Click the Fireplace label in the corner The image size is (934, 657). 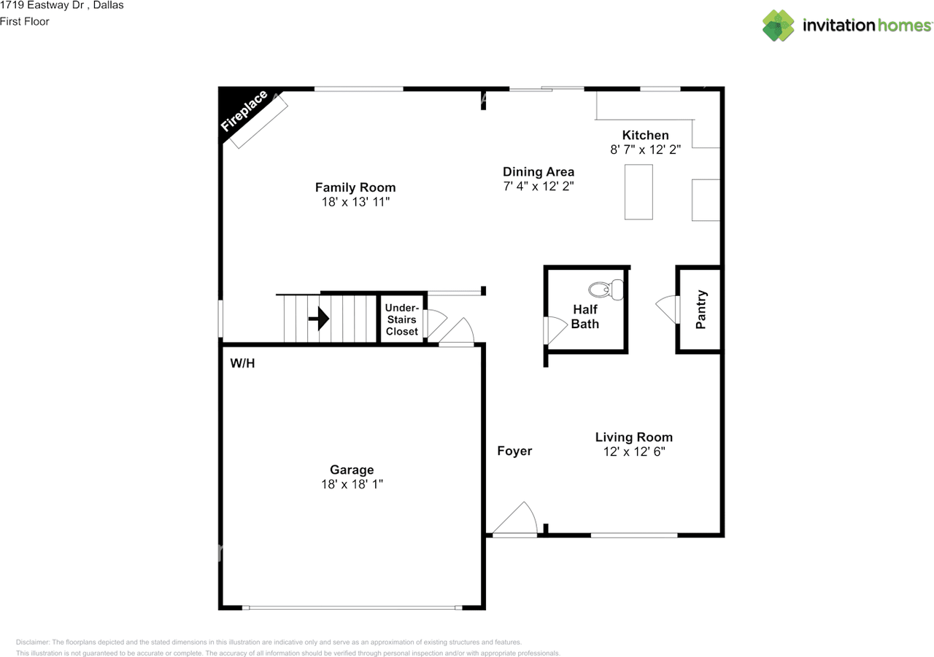[x=244, y=110]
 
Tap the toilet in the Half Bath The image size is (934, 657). [x=606, y=289]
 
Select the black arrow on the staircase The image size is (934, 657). [x=319, y=319]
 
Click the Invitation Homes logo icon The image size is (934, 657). [x=778, y=26]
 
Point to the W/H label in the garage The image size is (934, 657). [x=242, y=363]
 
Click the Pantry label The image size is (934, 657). [x=701, y=310]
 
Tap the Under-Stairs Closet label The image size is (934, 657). [x=402, y=319]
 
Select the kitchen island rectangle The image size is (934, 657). [x=638, y=192]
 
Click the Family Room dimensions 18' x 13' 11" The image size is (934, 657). [x=355, y=202]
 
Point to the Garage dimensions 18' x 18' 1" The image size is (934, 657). [x=352, y=484]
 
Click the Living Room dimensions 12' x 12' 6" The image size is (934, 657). [x=634, y=451]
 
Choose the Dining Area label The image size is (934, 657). [x=539, y=171]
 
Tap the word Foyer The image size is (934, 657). [x=514, y=451]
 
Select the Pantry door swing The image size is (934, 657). [x=668, y=309]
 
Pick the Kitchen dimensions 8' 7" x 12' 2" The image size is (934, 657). [x=646, y=149]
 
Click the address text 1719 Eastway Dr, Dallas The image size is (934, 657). [x=62, y=5]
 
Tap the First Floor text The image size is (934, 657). [x=25, y=22]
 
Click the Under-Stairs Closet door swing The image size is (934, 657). [x=436, y=323]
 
